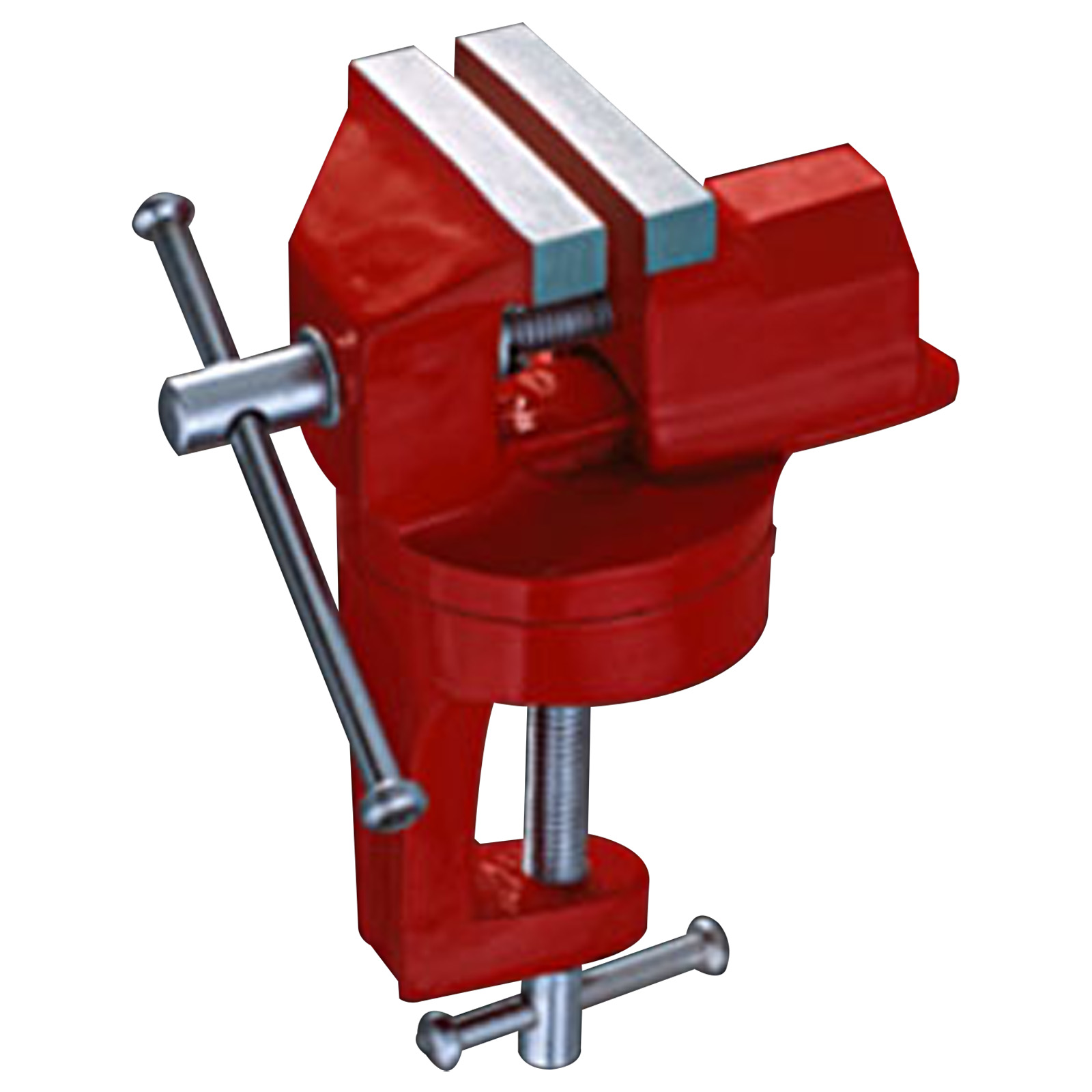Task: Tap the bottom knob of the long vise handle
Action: tap(393, 805)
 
